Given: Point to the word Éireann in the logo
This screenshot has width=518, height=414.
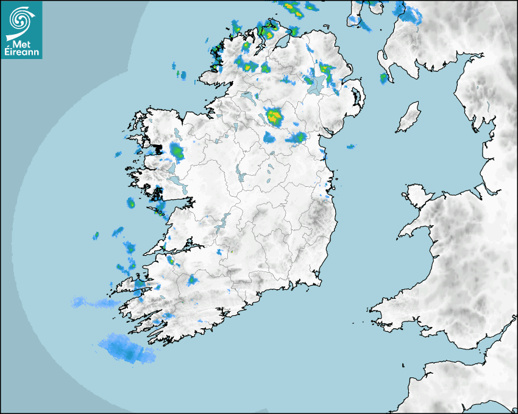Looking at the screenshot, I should (x=22, y=52).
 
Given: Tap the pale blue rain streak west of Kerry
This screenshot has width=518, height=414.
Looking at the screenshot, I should (x=88, y=302).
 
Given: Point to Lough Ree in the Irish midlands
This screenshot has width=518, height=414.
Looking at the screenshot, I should (x=242, y=177).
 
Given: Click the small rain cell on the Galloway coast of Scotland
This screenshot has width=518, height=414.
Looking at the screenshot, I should (x=384, y=78).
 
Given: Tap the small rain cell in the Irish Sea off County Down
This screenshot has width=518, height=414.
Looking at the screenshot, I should (x=351, y=147).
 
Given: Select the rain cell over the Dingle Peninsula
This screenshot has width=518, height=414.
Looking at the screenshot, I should (x=140, y=284).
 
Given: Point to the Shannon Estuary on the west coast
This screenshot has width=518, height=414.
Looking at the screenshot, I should (x=174, y=248).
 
